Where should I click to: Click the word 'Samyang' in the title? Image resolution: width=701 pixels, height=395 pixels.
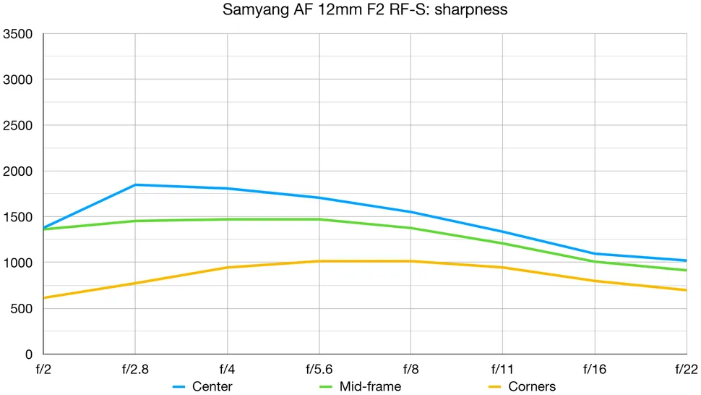(x=247, y=10)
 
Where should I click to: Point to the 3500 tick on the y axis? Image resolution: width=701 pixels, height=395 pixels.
(x=18, y=34)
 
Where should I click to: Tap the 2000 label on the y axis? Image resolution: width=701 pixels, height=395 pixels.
(x=18, y=171)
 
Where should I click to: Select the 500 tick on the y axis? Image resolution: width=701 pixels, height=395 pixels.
(x=22, y=309)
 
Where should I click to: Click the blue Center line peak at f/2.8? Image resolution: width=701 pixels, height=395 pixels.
(x=135, y=184)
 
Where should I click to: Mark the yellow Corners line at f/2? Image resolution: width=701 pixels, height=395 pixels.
(x=45, y=297)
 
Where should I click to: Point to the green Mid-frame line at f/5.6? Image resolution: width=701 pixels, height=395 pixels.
(x=319, y=219)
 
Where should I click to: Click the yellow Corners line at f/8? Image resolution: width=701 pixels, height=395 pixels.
(x=410, y=261)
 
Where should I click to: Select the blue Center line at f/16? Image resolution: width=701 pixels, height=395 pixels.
(x=594, y=254)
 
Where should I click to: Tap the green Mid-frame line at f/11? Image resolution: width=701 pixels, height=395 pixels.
(x=502, y=243)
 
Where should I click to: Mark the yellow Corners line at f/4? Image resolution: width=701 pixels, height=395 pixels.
(x=227, y=268)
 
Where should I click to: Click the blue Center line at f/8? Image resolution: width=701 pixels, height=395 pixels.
(x=410, y=212)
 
